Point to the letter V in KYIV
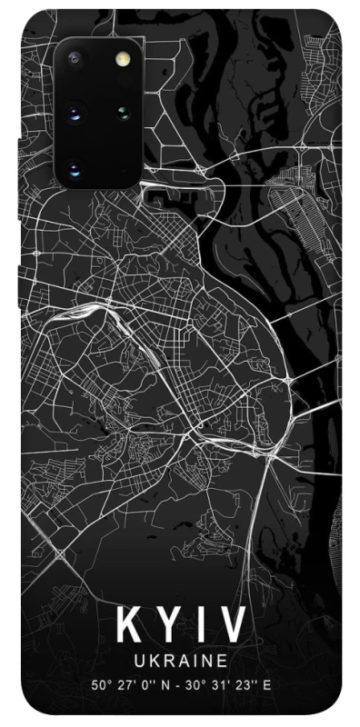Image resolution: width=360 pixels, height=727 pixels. tap(229, 626)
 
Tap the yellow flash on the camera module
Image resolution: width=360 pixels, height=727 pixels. tap(121, 58)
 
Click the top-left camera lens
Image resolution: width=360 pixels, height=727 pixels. tap(75, 58)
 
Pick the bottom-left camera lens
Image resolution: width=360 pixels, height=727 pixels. tap(75, 169)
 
